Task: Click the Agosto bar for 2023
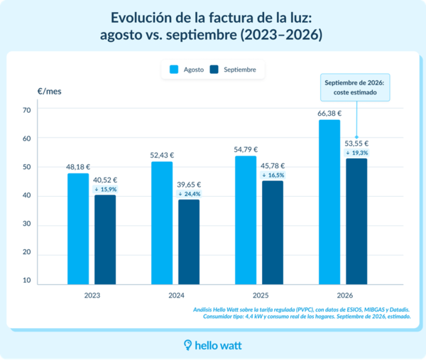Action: [78, 229]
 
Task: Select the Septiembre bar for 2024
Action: [189, 242]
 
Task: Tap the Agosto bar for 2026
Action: [329, 202]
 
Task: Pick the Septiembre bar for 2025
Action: [273, 233]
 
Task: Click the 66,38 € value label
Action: [329, 114]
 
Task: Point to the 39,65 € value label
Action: [189, 185]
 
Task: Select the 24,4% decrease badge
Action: [190, 194]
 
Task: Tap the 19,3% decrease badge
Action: [357, 153]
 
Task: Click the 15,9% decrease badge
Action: [105, 190]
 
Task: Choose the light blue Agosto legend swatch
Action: [174, 70]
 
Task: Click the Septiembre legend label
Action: [240, 70]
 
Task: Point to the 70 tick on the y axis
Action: [27, 110]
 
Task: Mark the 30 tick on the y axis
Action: [27, 224]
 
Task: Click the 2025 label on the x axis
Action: [261, 295]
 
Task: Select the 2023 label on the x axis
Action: [92, 295]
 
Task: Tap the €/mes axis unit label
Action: [50, 92]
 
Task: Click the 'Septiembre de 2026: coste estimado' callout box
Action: [355, 87]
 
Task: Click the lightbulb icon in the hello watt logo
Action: [187, 345]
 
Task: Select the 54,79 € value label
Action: [246, 149]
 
